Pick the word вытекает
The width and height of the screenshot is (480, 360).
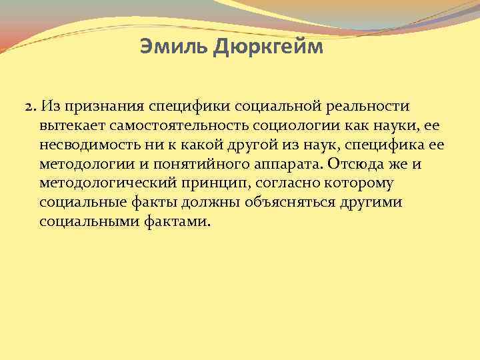pyautogui.click(x=67, y=125)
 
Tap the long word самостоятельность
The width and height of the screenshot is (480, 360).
pyautogui.click(x=173, y=125)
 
